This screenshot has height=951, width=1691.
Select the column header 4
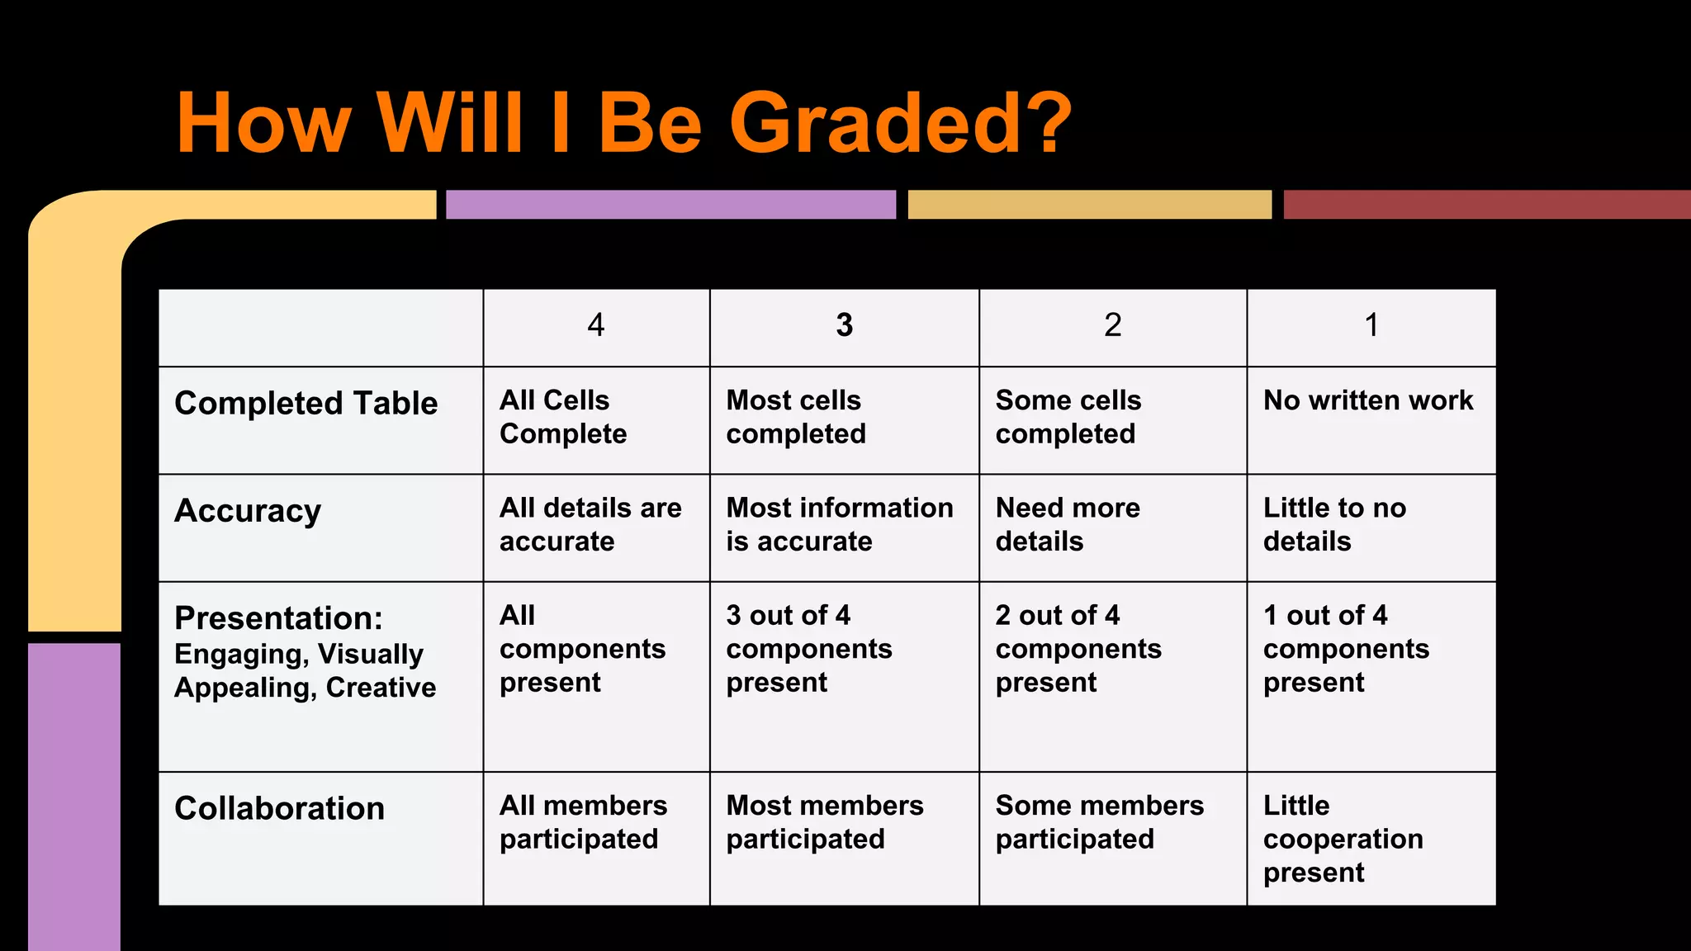point(595,325)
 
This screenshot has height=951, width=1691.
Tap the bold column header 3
point(844,325)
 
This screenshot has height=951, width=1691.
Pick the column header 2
point(1112,325)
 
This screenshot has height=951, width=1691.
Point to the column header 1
point(1371,325)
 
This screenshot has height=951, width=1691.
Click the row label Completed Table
point(306,404)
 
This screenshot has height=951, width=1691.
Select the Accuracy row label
point(248,511)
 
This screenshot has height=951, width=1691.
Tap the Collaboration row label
point(279,808)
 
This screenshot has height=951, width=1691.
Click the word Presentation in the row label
point(278,618)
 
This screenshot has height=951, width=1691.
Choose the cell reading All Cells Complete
point(563,417)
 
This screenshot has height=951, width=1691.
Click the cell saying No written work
point(1368,400)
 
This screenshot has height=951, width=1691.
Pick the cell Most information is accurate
point(840,524)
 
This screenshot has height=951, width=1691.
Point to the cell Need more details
point(1068,524)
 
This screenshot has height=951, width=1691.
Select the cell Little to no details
point(1334,524)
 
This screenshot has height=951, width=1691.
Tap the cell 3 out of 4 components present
point(809,649)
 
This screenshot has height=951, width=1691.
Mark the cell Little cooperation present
point(1343,839)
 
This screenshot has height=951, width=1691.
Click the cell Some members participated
point(1099,822)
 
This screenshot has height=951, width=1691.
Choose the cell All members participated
point(583,822)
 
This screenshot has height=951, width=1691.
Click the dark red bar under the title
point(1486,205)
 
